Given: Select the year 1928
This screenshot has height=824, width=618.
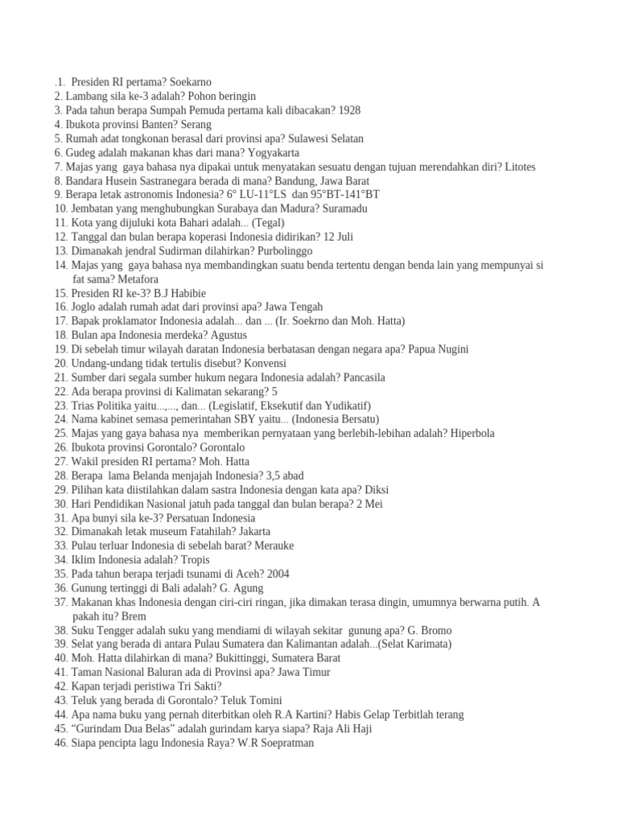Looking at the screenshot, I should coord(350,110).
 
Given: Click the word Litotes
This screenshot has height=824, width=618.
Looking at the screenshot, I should coord(516,167).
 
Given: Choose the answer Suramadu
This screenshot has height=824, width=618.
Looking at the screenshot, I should coord(345,208).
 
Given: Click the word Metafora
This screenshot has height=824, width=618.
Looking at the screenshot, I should coord(136,279).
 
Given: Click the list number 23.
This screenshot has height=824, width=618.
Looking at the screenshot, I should coord(61,406).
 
